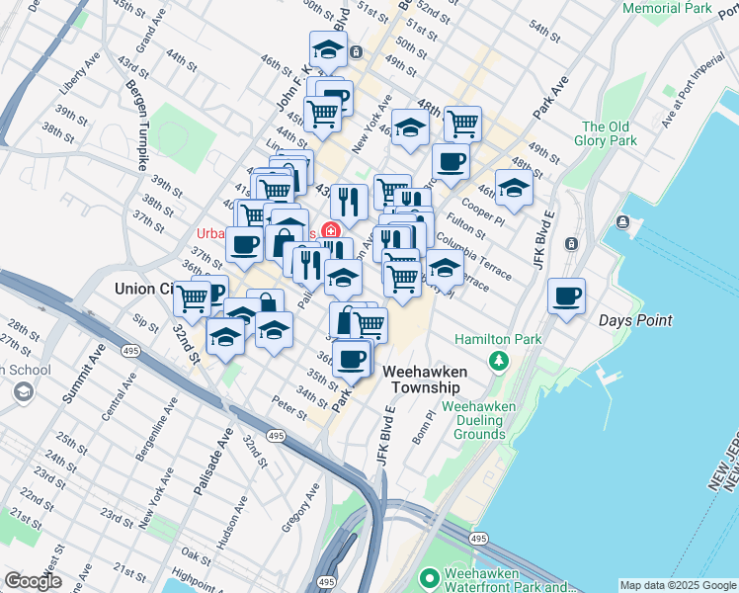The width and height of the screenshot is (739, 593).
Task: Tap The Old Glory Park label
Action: click(x=607, y=133)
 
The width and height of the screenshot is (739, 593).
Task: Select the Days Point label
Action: click(x=635, y=320)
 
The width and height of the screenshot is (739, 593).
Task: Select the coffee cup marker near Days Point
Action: click(x=566, y=296)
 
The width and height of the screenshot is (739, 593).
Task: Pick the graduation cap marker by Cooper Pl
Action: click(x=514, y=187)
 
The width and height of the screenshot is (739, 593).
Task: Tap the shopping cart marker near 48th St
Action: click(x=461, y=124)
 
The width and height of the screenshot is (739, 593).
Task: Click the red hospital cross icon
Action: click(x=330, y=231)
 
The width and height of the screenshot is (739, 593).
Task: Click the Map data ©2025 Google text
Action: click(x=677, y=584)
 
